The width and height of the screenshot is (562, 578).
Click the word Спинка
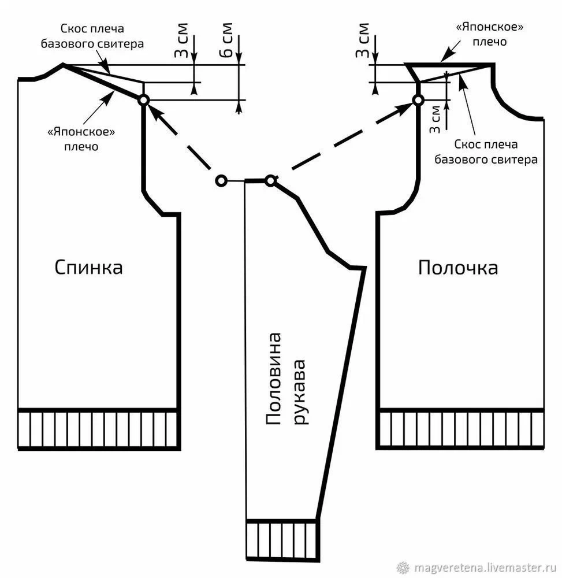click(x=89, y=268)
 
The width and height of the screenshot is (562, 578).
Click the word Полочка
click(x=458, y=268)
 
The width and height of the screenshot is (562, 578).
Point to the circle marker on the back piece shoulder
click(x=143, y=100)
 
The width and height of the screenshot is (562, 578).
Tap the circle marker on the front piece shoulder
click(x=418, y=100)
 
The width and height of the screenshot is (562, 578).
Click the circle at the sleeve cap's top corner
click(x=270, y=181)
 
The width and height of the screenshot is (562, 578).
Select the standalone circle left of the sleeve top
click(x=220, y=181)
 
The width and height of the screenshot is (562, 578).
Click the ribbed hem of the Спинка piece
click(x=98, y=429)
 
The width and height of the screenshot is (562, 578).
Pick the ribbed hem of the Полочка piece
click(x=461, y=429)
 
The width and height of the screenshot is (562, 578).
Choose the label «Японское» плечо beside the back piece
click(x=81, y=139)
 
